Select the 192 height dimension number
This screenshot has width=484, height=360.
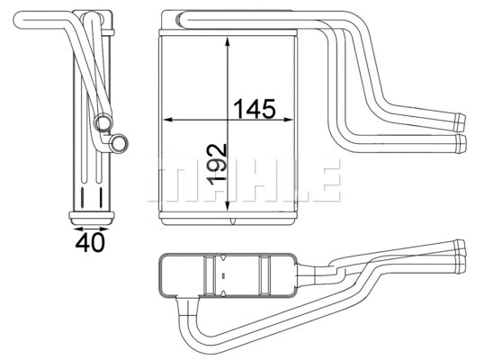point(215,165)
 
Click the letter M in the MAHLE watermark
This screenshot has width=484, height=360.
point(166,181)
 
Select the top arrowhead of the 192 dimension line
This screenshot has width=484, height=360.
point(229,37)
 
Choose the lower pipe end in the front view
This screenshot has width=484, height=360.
point(462,142)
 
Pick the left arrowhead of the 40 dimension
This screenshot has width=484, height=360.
point(73,226)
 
